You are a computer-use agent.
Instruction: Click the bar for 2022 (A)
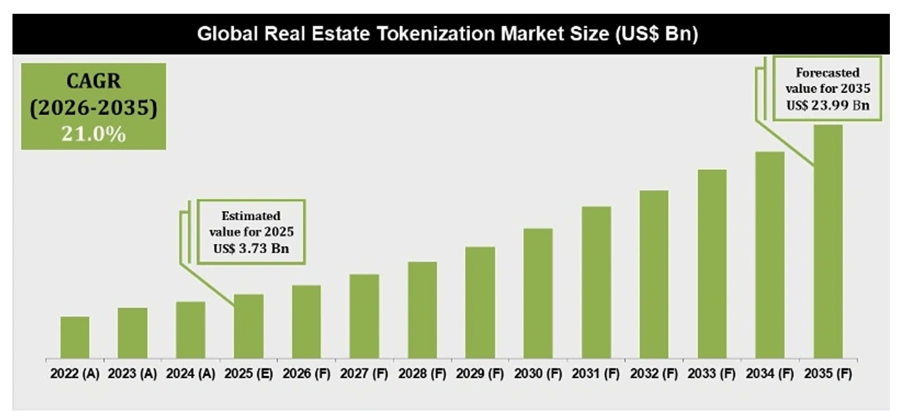tap(75, 337)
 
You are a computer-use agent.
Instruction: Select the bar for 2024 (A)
tap(190, 330)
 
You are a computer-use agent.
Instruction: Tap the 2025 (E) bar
tap(249, 326)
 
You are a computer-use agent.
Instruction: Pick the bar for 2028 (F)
tap(422, 310)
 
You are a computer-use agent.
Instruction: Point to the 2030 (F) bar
tap(538, 293)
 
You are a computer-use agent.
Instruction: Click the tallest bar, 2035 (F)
tap(827, 242)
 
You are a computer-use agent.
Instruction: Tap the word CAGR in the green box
tap(93, 81)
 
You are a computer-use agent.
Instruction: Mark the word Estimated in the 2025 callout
tap(251, 215)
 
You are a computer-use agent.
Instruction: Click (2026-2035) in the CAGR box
tap(93, 108)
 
